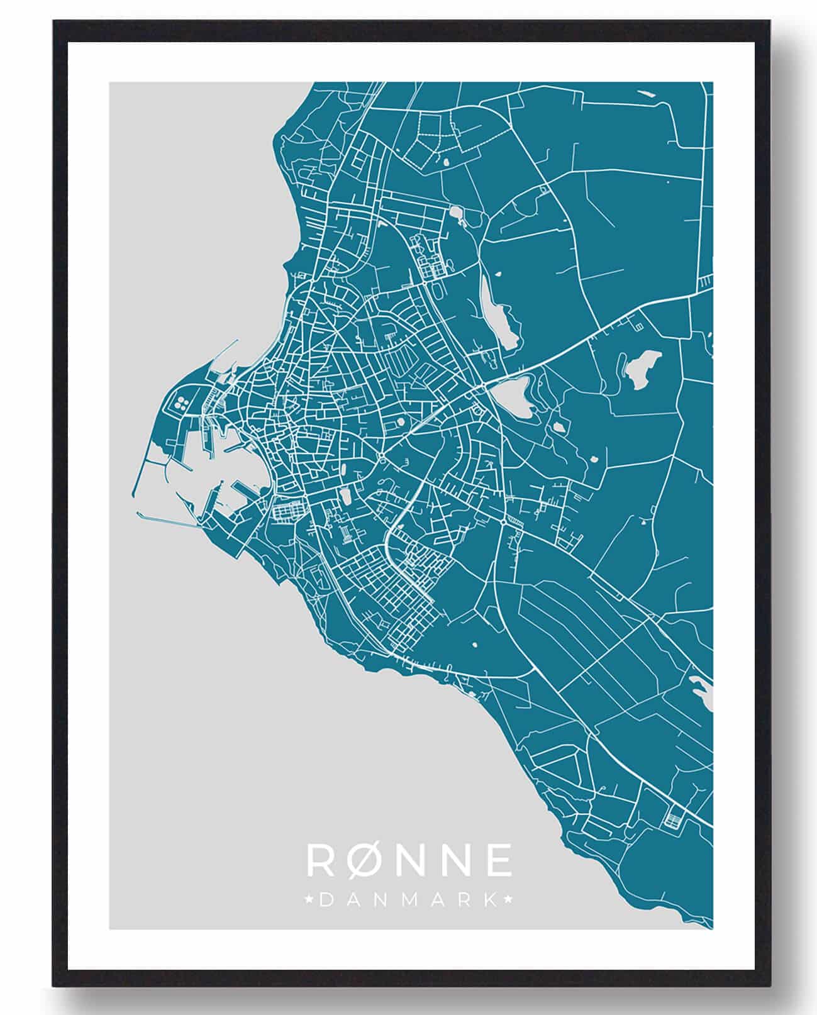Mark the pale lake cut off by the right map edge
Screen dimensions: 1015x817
pos(704,692)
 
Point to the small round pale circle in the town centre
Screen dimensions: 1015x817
pos(400,422)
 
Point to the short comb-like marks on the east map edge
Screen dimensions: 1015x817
pos(707,280)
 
